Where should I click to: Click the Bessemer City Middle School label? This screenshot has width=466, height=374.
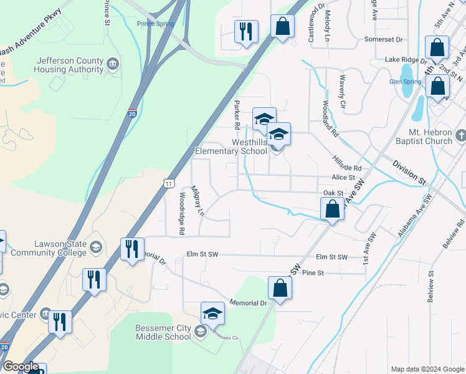(163, 332)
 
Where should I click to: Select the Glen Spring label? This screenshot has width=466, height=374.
(405, 82)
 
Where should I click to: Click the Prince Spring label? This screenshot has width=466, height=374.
(156, 24)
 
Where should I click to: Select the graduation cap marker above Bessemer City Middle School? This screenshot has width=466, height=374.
(212, 314)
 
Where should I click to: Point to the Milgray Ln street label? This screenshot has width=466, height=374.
(197, 201)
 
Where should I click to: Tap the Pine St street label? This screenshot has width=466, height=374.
(313, 273)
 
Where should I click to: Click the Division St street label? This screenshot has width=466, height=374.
(409, 172)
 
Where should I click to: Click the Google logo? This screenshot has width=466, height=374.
(21, 367)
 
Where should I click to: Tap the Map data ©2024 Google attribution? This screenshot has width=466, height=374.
(427, 369)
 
